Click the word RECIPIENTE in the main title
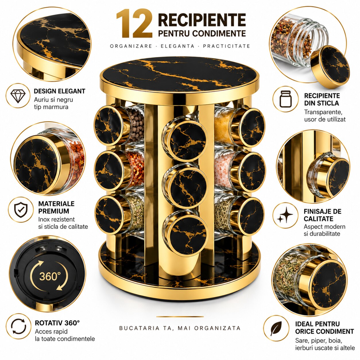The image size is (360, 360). click(202, 20)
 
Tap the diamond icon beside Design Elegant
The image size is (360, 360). click(18, 96)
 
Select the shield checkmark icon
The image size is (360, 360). click(21, 210)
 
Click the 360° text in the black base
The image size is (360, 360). click(50, 276)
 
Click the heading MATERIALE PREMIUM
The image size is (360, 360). click(56, 207)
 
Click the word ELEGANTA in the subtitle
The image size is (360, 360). click(177, 46)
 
